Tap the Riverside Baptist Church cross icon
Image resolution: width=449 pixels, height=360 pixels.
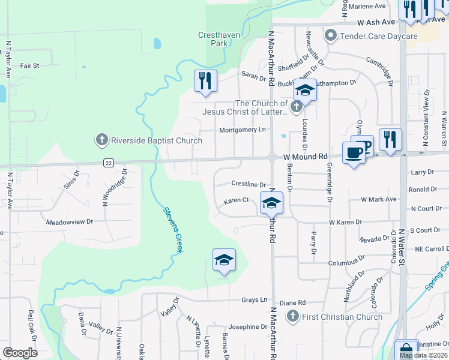tap(101, 140)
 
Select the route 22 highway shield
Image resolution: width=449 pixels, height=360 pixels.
tap(108, 163)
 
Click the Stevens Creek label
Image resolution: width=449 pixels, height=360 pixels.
tap(173, 230)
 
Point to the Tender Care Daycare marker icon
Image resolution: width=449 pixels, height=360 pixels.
tap(330, 36)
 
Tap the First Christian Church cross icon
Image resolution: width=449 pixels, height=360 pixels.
tap(292, 317)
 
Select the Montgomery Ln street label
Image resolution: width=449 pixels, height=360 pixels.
tap(242, 130)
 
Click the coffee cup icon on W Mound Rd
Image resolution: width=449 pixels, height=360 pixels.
tap(354, 152)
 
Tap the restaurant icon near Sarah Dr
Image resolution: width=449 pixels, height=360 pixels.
tap(205, 80)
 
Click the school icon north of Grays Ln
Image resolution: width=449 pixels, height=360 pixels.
tap(224, 259)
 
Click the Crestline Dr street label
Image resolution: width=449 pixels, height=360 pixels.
tap(248, 184)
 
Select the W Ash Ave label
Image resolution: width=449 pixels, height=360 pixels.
tap(376, 22)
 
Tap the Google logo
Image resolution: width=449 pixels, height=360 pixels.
tap(20, 352)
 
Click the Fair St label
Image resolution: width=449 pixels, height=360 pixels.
tap(29, 65)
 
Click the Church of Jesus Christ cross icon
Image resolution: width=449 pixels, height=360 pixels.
tap(295, 107)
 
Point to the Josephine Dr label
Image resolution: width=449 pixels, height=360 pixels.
tap(247, 327)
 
